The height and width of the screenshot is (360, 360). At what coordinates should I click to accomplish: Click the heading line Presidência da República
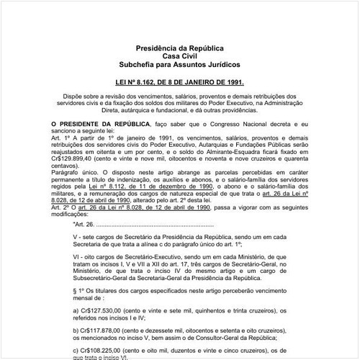[180, 47]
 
